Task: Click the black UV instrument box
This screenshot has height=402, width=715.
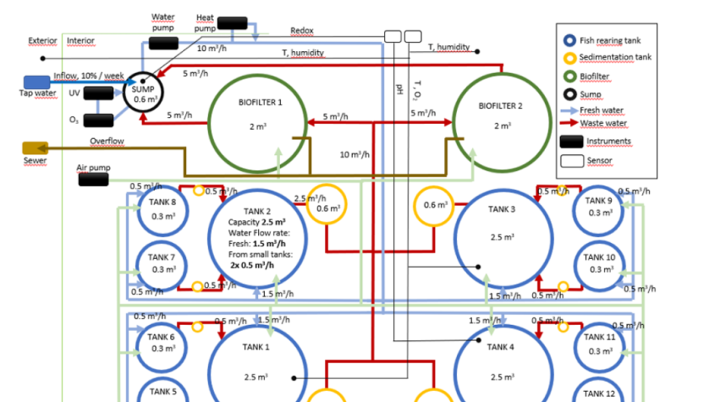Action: pyautogui.click(x=99, y=93)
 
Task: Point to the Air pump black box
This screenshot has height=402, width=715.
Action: pyautogui.click(x=93, y=179)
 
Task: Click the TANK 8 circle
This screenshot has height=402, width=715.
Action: pyautogui.click(x=163, y=209)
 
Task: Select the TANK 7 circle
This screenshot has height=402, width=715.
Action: pyautogui.click(x=163, y=263)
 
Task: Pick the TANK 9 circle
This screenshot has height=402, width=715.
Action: pyautogui.click(x=598, y=208)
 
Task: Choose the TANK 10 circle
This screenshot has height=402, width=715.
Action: pyautogui.click(x=598, y=263)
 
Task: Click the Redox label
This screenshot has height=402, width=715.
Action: pyautogui.click(x=302, y=31)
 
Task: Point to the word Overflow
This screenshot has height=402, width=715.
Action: pyautogui.click(x=107, y=142)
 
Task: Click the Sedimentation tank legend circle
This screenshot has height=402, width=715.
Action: pyautogui.click(x=570, y=58)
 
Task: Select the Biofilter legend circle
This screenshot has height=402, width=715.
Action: pyautogui.click(x=570, y=77)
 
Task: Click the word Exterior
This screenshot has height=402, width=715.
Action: pyautogui.click(x=42, y=40)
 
